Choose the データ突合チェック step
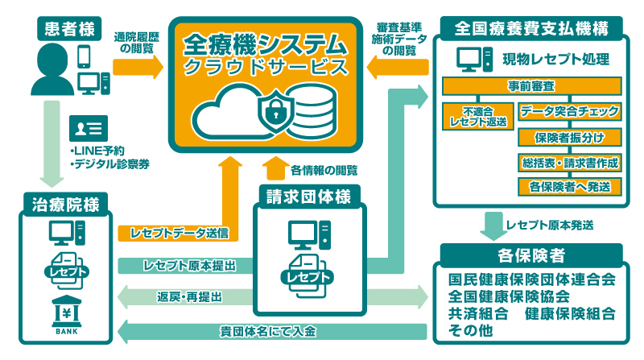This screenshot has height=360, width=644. coord(570,110)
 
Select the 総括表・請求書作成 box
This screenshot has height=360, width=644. coord(570,161)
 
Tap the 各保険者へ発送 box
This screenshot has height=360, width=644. coord(570,186)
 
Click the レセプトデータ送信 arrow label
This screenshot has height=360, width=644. coord(173,234)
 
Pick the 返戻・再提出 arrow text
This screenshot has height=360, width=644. coord(190,296)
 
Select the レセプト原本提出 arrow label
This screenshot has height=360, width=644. coord(190,265)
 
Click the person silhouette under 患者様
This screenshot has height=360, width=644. coord(52,70)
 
